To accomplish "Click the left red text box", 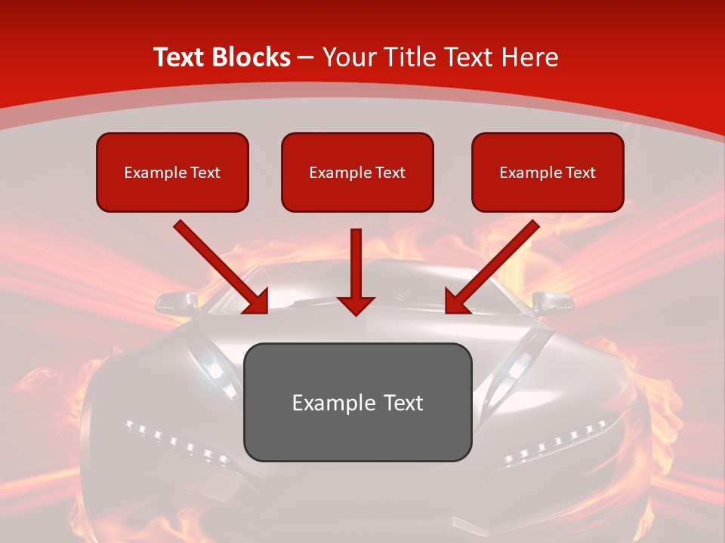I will pos(172,172).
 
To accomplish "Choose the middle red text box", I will pos(357,172).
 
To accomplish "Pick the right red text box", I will pos(548,172).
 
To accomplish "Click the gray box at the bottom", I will pos(357,402).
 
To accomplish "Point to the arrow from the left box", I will pos(221,267).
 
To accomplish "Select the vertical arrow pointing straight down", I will pos(356,271).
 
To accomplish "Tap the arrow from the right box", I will pos(492,267).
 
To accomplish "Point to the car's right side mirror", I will pos(551,302).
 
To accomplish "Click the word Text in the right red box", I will pos(580,173).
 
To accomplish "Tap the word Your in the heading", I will pos(348,57).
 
